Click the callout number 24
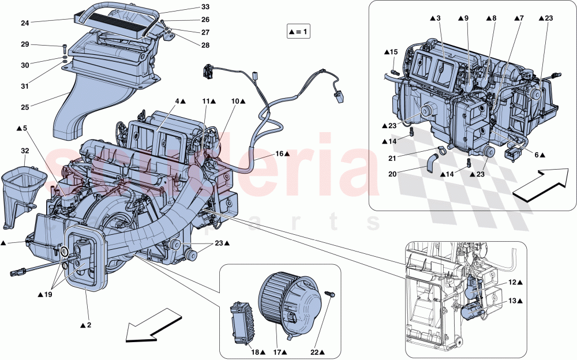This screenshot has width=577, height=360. point(24,24)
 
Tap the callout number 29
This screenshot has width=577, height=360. point(24,44)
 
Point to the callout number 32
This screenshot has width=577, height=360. point(24,151)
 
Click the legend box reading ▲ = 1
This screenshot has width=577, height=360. point(298,31)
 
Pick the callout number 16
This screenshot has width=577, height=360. point(279,154)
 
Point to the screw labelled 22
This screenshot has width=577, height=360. point(331,295)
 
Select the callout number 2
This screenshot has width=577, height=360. point(86,326)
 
